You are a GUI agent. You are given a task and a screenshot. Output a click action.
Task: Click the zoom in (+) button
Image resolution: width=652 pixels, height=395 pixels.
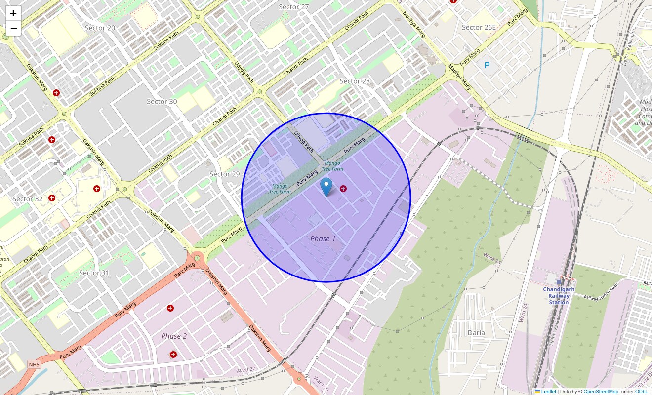click(x=13, y=13)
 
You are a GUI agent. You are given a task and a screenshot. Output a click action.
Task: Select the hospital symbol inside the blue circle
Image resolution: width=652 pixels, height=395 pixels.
click(x=343, y=189)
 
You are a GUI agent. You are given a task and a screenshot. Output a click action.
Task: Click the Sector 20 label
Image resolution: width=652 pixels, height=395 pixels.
click(x=100, y=28)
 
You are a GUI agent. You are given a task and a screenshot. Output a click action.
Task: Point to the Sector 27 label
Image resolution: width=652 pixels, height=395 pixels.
click(x=293, y=7)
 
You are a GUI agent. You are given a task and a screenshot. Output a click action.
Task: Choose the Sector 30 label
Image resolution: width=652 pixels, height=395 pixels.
click(x=162, y=101)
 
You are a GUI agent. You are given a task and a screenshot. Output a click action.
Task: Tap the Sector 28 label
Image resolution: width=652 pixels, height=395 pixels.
click(x=355, y=81)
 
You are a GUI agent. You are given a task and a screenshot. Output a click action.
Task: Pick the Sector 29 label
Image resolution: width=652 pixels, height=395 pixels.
click(x=224, y=174)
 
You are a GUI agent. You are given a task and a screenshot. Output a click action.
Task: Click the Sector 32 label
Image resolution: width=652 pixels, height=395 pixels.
click(x=27, y=199)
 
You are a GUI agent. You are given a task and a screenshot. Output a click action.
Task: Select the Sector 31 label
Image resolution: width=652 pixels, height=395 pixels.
click(x=94, y=273)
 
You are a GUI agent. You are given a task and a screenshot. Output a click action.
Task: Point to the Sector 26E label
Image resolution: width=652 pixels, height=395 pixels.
click(x=478, y=27)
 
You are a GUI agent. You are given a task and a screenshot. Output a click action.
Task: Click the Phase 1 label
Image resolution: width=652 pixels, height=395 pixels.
click(x=323, y=238)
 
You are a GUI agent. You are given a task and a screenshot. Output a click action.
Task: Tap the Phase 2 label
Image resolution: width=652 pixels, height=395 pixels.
click(x=174, y=336)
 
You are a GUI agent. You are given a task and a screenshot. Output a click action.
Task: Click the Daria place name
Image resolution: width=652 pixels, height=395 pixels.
click(x=476, y=332)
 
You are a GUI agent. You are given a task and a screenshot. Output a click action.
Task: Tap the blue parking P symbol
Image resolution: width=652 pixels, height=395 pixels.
click(x=487, y=65)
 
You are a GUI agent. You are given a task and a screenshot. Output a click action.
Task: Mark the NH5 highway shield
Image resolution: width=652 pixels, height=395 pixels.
click(x=34, y=365)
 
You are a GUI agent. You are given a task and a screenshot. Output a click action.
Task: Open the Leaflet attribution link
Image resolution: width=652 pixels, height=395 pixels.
click(x=548, y=391)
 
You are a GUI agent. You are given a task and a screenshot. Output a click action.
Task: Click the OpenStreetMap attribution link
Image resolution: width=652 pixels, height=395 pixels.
click(x=601, y=391)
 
